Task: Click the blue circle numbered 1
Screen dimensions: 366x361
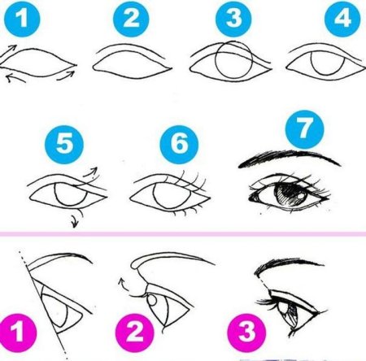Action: (x=22, y=19)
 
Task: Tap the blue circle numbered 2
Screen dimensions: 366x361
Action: (x=131, y=19)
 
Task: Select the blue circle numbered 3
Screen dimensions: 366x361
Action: (x=233, y=19)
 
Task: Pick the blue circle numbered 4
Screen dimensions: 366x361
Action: (x=342, y=19)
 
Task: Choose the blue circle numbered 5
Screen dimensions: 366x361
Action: (x=64, y=144)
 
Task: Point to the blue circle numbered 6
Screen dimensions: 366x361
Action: (x=179, y=144)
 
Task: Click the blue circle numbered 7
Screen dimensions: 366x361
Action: (x=304, y=129)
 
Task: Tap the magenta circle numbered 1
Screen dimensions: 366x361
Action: (x=17, y=333)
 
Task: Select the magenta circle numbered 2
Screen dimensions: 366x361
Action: (x=134, y=333)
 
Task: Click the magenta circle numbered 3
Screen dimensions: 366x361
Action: (x=246, y=333)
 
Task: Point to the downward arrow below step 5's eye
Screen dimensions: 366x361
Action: (x=76, y=217)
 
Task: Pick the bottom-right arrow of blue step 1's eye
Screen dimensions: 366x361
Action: (x=67, y=76)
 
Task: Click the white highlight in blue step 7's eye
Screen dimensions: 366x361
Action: (x=301, y=196)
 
